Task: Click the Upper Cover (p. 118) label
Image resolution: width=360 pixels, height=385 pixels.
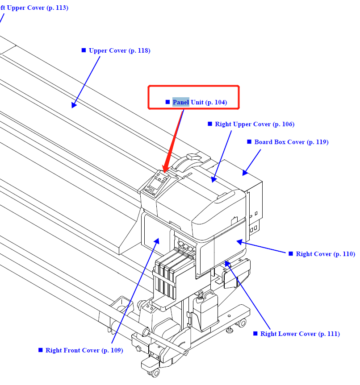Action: coord(119,51)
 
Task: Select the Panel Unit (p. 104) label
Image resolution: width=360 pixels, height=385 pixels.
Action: coord(200,103)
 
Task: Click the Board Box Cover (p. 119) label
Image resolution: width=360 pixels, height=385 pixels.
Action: coord(291,142)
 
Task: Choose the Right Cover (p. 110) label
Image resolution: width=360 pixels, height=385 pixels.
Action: coord(325,254)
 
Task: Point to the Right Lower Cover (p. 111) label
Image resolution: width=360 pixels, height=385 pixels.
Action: coord(300,334)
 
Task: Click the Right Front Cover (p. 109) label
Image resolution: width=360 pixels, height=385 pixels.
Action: coord(84,351)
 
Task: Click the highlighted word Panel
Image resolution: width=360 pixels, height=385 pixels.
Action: coord(181,103)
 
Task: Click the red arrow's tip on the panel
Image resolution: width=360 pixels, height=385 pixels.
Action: coord(163,172)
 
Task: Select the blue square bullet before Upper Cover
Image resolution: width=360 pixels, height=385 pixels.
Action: coord(84,50)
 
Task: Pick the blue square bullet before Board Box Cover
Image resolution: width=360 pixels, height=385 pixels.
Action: coord(249,142)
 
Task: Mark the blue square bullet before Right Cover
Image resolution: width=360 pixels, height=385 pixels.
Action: coord(291,254)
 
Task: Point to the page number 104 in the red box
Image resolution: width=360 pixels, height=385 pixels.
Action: coord(220,103)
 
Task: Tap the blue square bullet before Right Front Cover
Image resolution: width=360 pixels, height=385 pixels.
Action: coord(40,350)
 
